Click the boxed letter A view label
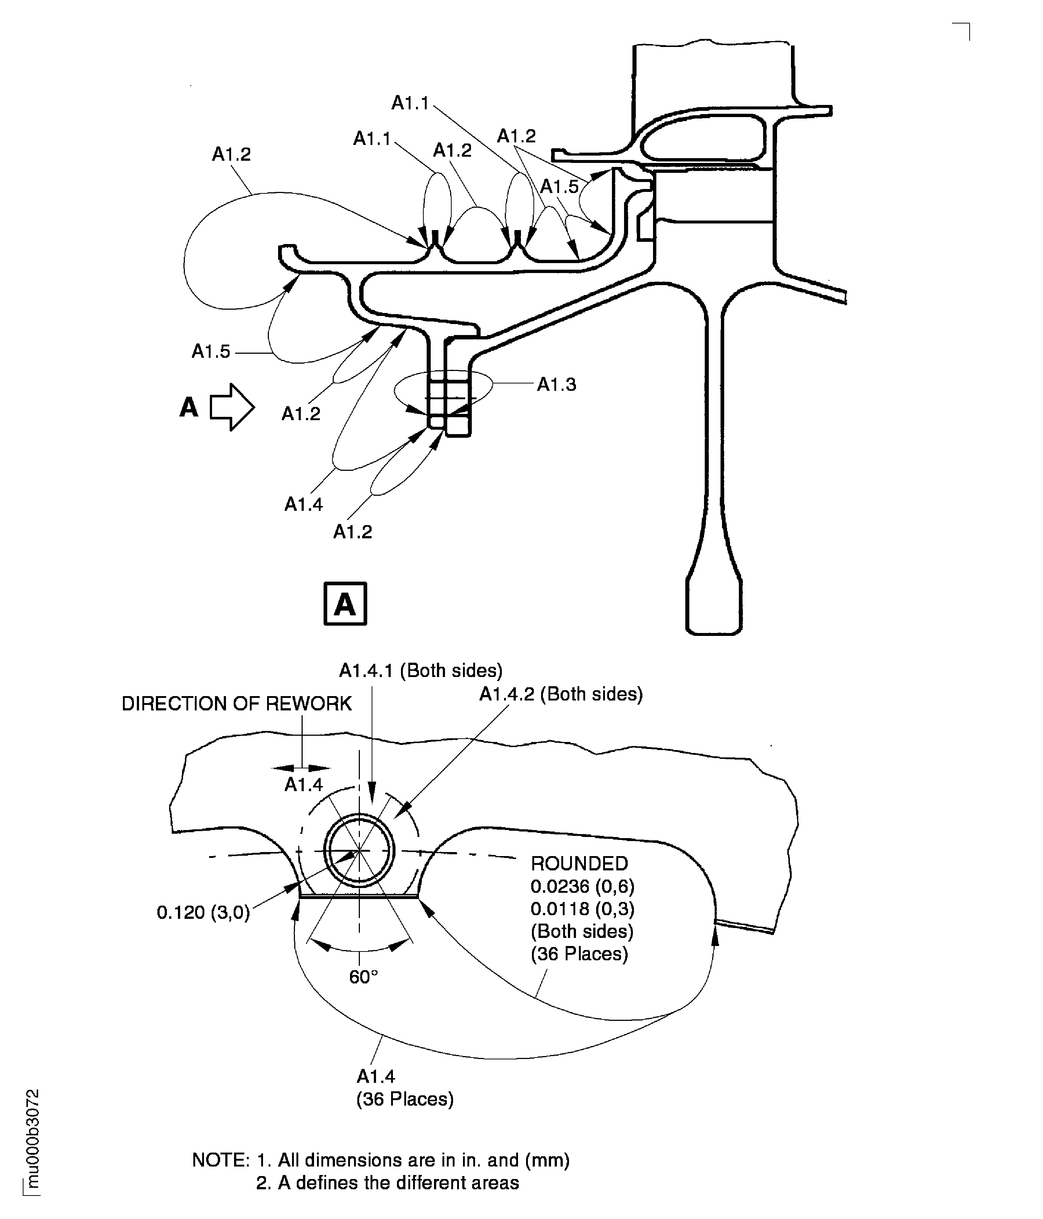[345, 604]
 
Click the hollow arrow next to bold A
[232, 407]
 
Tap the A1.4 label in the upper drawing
[303, 504]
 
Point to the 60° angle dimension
[363, 976]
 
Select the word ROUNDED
[579, 863]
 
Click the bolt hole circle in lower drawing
[360, 851]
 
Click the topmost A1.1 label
[410, 103]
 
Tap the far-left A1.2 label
[231, 154]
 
